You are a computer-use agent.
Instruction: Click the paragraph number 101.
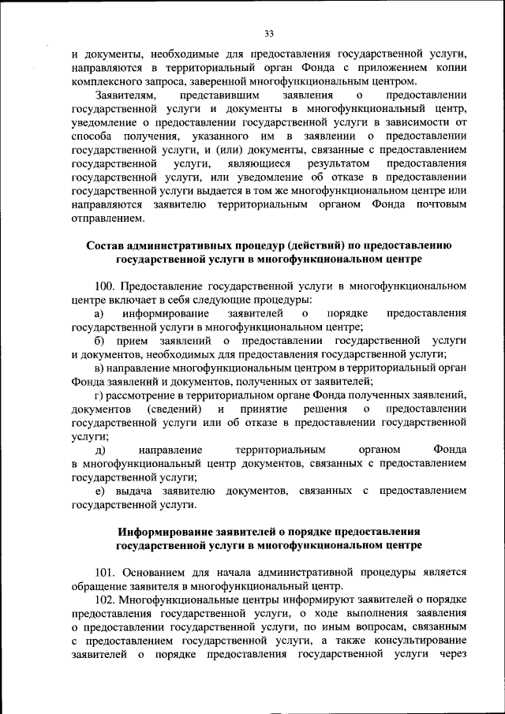[105, 573]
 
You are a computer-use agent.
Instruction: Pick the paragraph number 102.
[105, 600]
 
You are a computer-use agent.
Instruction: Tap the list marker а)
[99, 314]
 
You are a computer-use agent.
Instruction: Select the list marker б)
[99, 341]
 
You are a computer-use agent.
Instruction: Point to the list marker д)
[99, 450]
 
